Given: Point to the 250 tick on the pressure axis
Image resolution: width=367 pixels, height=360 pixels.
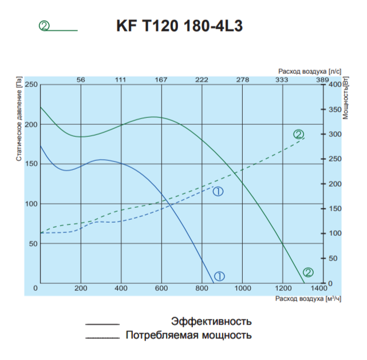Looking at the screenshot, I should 31,85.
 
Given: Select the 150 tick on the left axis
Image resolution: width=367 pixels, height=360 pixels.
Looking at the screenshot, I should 31,164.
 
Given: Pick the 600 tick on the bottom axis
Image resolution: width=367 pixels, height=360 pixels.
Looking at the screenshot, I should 161,288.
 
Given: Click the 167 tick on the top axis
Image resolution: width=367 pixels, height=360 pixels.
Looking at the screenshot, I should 161,80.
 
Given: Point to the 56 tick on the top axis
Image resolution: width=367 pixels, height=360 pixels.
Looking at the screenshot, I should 81,80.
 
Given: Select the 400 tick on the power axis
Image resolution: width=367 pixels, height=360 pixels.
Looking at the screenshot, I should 334,85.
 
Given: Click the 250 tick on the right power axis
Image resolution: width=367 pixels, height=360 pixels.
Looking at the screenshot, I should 334,159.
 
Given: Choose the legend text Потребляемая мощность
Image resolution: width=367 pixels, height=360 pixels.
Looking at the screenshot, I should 188,335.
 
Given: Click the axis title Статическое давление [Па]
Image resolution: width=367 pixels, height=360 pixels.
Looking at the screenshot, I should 19,122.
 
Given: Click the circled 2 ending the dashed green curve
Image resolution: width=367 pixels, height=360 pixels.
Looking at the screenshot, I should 298,134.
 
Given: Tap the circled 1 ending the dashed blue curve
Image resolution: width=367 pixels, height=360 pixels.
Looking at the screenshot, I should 218,192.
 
